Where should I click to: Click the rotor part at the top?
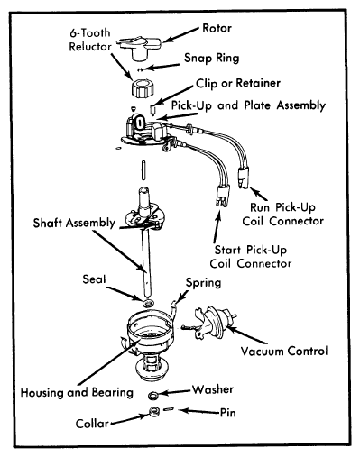[x=139, y=48]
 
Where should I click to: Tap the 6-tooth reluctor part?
[x=143, y=88]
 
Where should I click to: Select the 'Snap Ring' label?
[x=212, y=58]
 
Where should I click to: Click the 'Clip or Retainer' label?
[x=238, y=83]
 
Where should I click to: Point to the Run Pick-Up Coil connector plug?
[x=245, y=178]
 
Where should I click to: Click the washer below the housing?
[x=153, y=396]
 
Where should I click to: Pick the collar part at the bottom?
[x=154, y=411]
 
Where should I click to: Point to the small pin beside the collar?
[x=169, y=409]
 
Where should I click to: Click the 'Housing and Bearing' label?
[x=77, y=392]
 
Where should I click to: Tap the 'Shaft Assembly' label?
[x=74, y=223]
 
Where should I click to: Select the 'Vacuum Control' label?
[x=284, y=351]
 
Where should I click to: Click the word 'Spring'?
[x=203, y=283]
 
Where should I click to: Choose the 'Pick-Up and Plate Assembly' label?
[x=248, y=105]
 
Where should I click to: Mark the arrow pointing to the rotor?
[x=180, y=35]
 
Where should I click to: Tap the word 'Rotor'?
[x=217, y=28]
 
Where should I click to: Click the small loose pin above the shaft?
[x=143, y=170]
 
